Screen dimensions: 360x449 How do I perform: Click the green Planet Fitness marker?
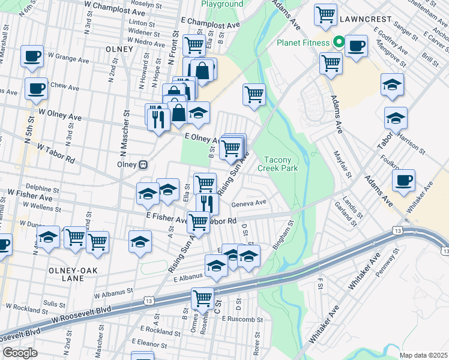tap(339, 43)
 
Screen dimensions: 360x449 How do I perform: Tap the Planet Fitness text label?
tap(303, 43)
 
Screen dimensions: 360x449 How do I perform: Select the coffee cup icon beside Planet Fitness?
tap(356, 46)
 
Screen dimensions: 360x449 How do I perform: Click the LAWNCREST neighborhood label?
tap(363, 19)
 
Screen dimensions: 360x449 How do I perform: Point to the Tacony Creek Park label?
tap(278, 164)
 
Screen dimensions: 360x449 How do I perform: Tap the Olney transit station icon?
tap(143, 164)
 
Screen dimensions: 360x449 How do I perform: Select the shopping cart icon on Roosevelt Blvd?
tap(203, 298)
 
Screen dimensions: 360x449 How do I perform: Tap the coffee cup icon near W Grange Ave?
tap(32, 56)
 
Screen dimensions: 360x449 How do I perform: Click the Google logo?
tap(20, 353)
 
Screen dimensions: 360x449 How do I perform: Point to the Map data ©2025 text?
tap(423, 355)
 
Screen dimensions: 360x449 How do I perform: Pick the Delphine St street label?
tap(42, 188)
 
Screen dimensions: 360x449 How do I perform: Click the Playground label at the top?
tap(222, 4)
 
